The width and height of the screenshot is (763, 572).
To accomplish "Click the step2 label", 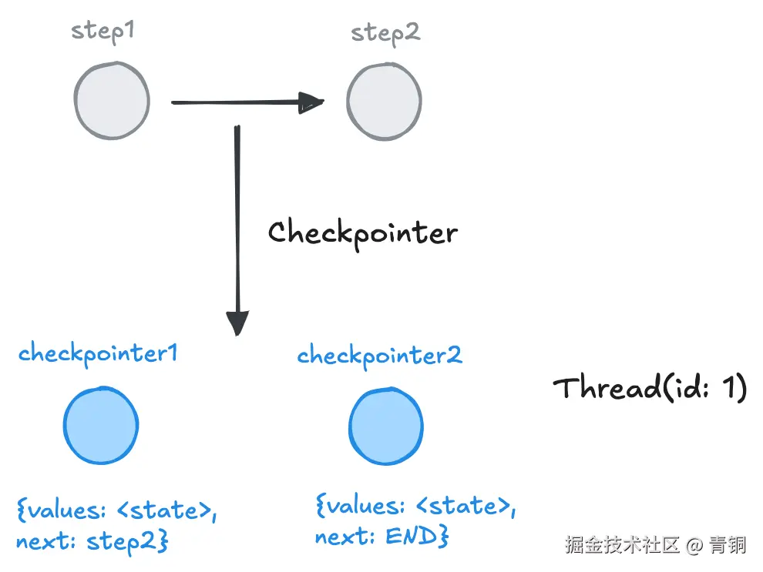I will [x=385, y=33].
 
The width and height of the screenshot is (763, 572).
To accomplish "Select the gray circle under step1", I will [x=111, y=100].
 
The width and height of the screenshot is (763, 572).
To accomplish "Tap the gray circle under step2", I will [x=384, y=102].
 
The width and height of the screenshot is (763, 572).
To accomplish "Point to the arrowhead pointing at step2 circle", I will [x=311, y=102].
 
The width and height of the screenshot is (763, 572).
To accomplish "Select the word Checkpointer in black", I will [x=362, y=232].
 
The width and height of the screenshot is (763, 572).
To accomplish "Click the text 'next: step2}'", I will [x=92, y=541].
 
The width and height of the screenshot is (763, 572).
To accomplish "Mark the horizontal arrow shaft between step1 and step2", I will [x=231, y=102].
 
